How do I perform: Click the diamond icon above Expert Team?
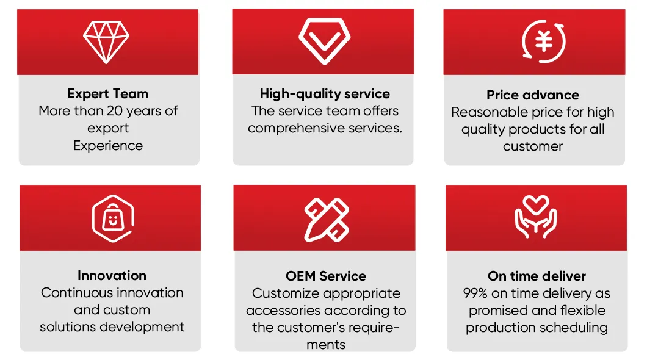pos(107,41)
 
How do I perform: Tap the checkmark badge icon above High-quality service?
pos(324,41)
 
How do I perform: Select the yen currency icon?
pos(543,41)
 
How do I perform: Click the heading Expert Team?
pos(108,94)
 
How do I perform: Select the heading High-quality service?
pos(325,94)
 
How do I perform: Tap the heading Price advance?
pos(533,95)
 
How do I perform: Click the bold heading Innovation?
pos(112,276)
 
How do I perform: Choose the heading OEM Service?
pos(326,276)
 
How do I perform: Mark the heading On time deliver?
pos(537,276)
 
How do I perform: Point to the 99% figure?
pos(476,293)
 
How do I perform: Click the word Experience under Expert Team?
pos(108,146)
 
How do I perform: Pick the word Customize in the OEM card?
pos(286,293)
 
